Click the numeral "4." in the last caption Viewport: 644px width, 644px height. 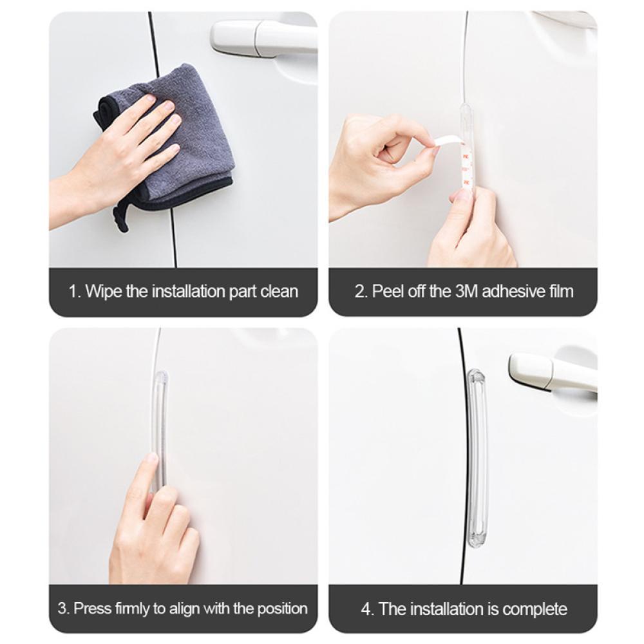pyautogui.click(x=368, y=609)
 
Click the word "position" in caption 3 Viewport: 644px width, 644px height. pyautogui.click(x=283, y=609)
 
